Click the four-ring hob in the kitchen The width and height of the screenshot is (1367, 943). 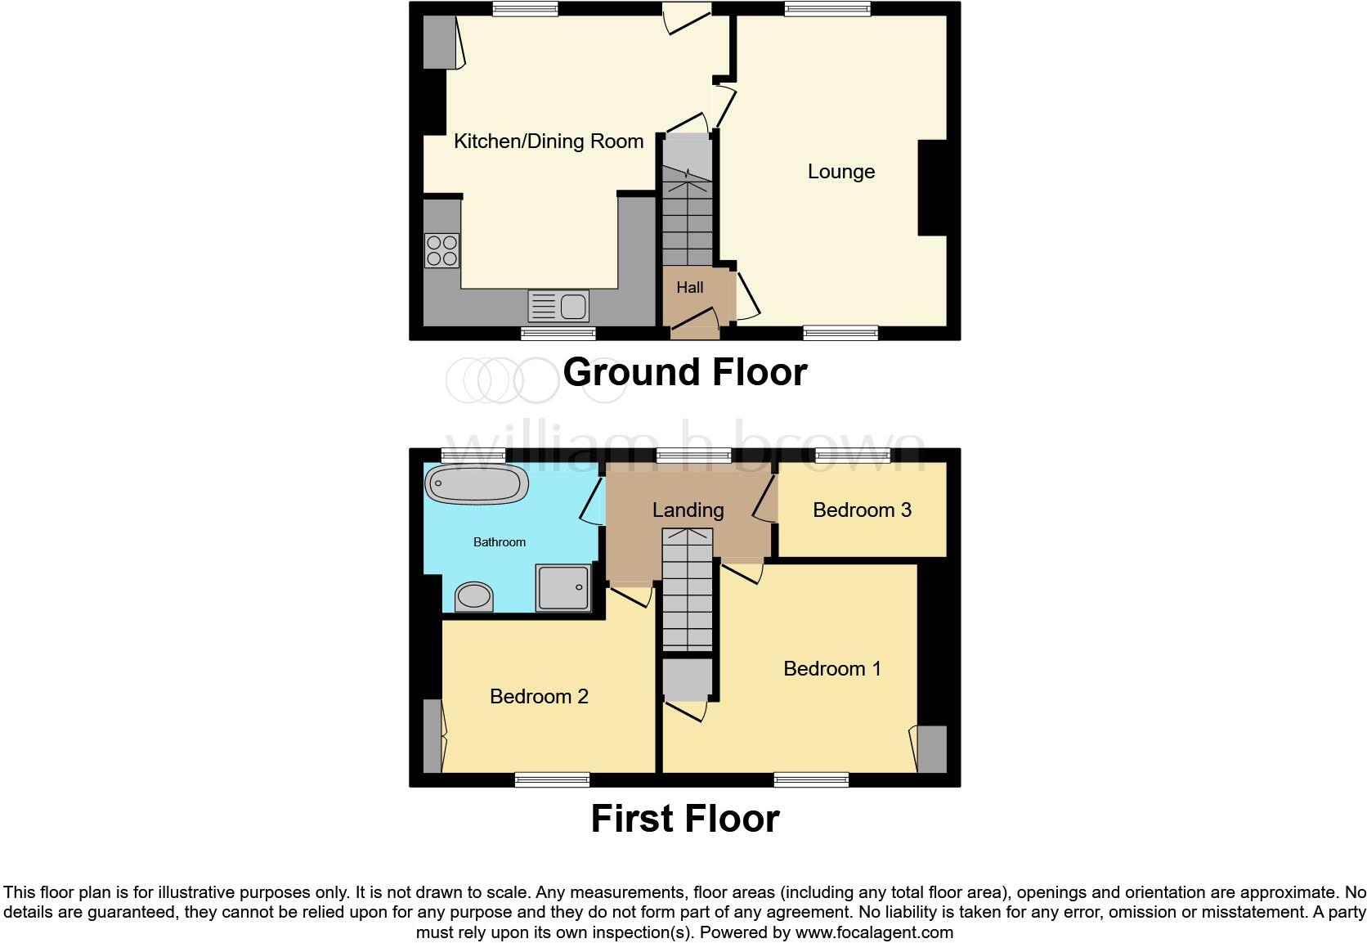tap(442, 250)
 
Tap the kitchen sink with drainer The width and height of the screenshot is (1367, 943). tap(558, 307)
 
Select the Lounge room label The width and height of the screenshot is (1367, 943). tap(841, 172)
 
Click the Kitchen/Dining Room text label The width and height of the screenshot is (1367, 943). tap(549, 141)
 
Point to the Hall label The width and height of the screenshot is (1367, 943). tap(690, 288)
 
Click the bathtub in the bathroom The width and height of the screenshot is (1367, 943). tap(475, 484)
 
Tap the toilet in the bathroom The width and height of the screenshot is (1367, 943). tap(474, 595)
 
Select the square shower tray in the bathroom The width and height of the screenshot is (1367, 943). tap(562, 587)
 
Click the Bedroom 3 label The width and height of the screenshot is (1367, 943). tap(862, 510)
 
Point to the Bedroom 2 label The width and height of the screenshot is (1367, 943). tap(539, 697)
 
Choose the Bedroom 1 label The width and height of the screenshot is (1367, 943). tap(832, 669)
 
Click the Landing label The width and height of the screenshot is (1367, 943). tap(688, 510)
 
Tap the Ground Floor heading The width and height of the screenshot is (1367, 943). tap(685, 372)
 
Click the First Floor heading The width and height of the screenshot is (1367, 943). tap(685, 819)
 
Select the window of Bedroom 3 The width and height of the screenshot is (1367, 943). tap(853, 456)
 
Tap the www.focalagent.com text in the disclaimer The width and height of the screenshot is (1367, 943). tap(873, 932)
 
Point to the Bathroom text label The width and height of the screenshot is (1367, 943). tap(500, 542)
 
